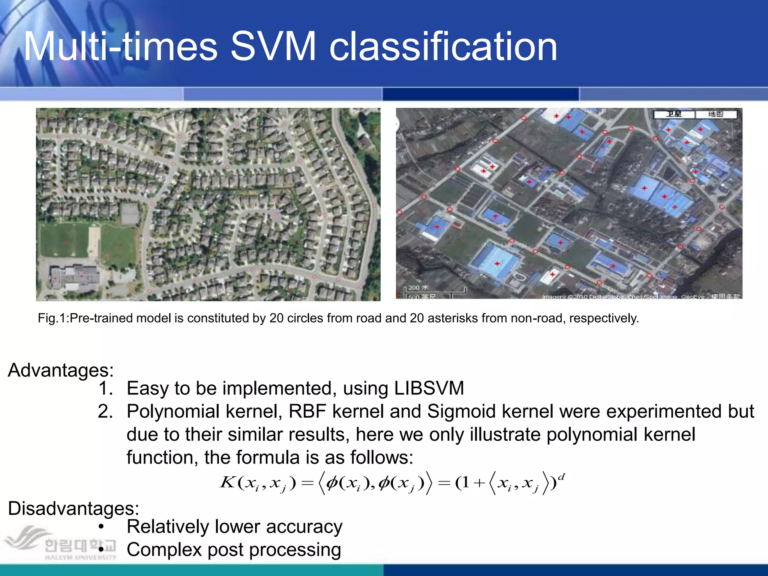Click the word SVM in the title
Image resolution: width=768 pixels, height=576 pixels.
(273, 46)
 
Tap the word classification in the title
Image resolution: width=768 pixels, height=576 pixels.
(443, 46)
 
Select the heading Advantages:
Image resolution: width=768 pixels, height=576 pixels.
(61, 370)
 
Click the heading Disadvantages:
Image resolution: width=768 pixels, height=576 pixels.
(73, 508)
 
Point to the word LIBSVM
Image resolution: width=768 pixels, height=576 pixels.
(429, 388)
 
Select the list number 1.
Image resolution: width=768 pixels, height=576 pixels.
(105, 388)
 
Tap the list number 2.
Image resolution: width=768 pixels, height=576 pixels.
(105, 411)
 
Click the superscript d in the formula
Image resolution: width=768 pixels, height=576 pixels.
(561, 477)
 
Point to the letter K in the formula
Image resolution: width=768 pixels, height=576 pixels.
(227, 482)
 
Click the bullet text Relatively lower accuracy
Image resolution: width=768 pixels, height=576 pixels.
(234, 526)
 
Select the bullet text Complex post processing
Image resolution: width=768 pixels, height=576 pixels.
(234, 550)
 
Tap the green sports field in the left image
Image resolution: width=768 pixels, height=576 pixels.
(64, 240)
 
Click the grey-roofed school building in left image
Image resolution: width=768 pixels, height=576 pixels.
(75, 277)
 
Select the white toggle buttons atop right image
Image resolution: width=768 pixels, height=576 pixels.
(695, 114)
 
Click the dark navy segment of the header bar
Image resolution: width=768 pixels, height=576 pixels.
(481, 94)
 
